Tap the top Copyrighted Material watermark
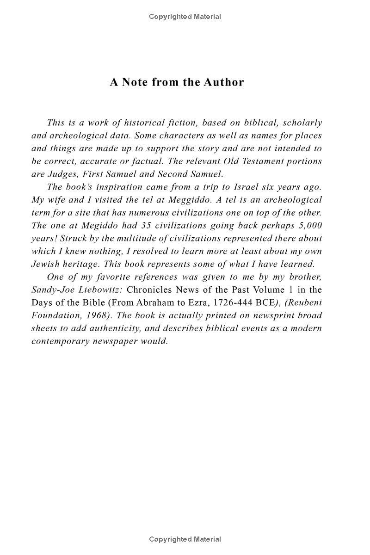pos(185,17)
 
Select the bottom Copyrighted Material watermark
pos(185,539)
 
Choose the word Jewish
pos(44,265)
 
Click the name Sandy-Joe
pos(49,290)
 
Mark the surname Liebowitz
pos(96,290)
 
